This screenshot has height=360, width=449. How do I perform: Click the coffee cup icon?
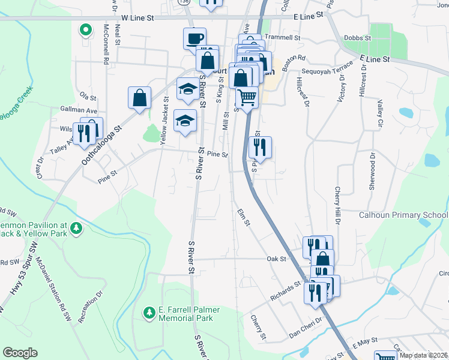click(194, 38)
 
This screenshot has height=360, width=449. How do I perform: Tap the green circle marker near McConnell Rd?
click(85, 29)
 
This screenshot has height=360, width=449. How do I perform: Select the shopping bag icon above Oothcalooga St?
click(139, 98)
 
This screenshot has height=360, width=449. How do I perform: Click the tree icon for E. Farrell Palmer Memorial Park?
click(149, 313)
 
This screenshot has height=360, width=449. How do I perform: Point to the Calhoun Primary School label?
click(403, 215)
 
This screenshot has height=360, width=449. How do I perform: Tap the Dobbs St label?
click(358, 37)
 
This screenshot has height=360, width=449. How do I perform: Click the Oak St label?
click(276, 259)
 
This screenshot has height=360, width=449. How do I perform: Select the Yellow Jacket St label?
click(163, 112)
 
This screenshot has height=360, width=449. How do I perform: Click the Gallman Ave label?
click(79, 111)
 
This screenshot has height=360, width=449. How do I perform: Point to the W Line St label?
click(137, 18)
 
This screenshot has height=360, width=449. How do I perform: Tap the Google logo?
click(20, 353)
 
